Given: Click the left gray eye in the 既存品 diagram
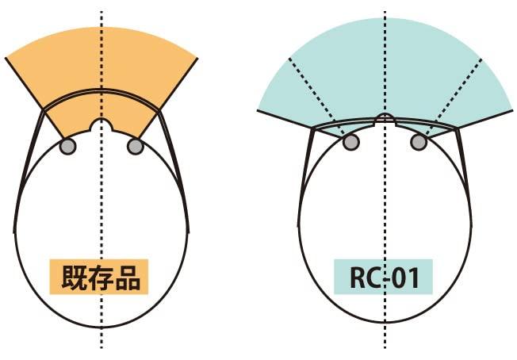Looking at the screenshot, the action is [68, 147].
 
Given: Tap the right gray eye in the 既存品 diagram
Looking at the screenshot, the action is [135, 147].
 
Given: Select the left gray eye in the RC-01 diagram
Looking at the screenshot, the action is [351, 142].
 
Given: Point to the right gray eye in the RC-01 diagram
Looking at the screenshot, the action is [419, 142].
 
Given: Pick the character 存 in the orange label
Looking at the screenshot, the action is [100, 277].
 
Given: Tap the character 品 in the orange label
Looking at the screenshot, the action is [128, 277].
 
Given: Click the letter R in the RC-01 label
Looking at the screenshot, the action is [358, 278].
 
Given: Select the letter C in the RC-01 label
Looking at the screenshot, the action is [375, 278].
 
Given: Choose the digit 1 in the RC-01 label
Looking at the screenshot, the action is [413, 278].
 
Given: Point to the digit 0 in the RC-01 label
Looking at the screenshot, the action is [398, 278].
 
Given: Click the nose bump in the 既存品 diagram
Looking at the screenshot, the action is [101, 124].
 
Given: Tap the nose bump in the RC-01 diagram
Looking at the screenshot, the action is [385, 117].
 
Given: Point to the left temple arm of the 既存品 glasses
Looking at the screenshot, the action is [29, 171].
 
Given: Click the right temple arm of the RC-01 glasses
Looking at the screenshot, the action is [464, 178].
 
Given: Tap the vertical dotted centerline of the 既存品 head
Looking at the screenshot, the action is [101, 180].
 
